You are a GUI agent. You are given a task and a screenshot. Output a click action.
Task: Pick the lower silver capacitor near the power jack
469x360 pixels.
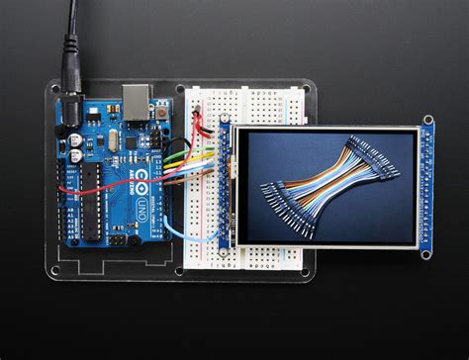click(x=76, y=155)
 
